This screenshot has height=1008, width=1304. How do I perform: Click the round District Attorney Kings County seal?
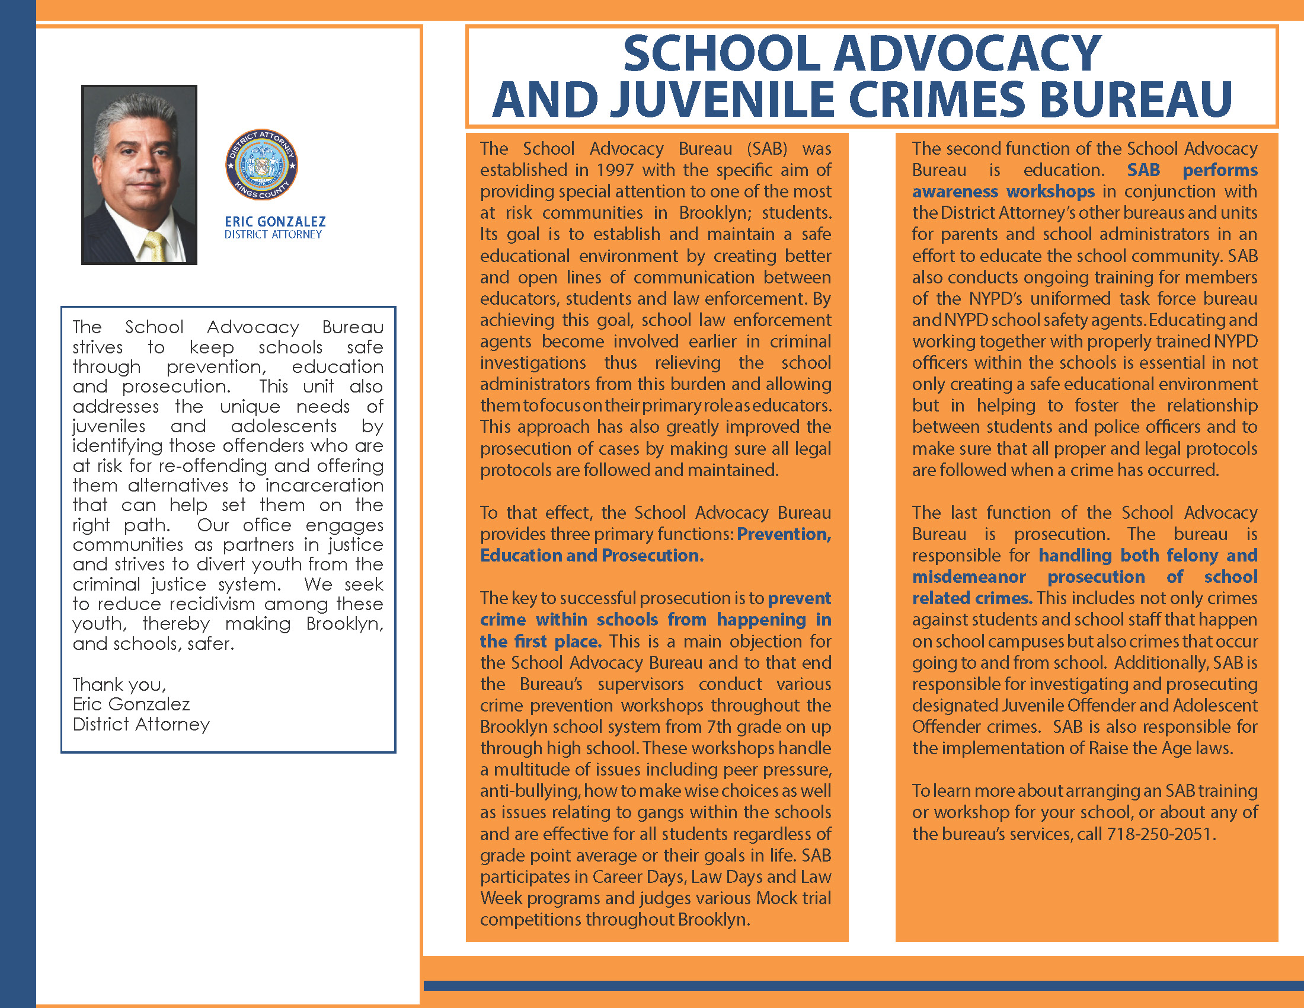click(261, 165)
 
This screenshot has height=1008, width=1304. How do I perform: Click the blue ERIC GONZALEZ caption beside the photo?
click(275, 222)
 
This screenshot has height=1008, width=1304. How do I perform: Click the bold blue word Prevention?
click(784, 534)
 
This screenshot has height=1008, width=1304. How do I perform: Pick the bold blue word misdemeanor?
click(969, 577)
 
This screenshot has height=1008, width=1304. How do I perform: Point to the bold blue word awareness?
click(955, 192)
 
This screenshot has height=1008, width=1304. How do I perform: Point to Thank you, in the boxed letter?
click(119, 684)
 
